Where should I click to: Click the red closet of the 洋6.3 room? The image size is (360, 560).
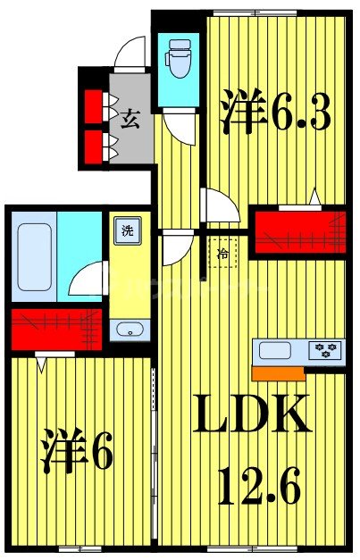(x=298, y=229)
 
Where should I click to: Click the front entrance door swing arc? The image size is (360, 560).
(x=130, y=54)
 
